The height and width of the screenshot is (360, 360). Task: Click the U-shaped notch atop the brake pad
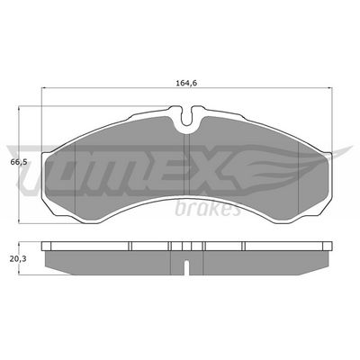point(184,115)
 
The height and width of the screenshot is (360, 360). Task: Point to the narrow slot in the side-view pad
point(184,266)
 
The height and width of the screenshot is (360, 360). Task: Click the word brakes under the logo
point(214,211)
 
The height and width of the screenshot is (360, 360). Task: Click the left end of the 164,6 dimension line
point(42,90)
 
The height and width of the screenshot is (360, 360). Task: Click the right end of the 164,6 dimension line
point(328,90)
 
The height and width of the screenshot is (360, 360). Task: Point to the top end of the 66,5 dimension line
point(22,107)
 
